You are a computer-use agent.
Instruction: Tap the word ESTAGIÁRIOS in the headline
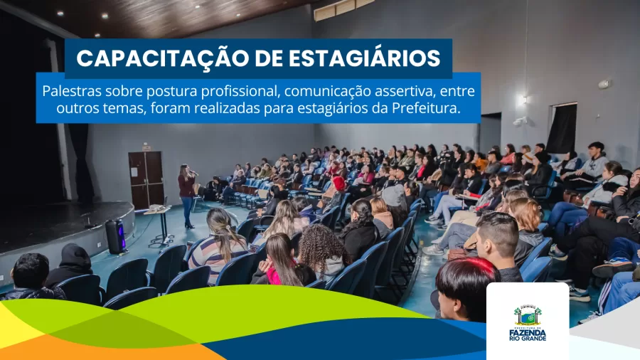pyautogui.click(x=364, y=58)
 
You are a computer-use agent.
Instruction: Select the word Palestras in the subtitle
pyautogui.click(x=72, y=91)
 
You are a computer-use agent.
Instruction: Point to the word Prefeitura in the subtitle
pyautogui.click(x=426, y=108)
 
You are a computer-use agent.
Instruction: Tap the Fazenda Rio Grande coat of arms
pyautogui.click(x=528, y=315)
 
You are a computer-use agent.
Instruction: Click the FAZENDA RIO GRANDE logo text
pyautogui.click(x=528, y=334)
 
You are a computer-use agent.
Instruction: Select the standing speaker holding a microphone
pyautogui.click(x=187, y=195)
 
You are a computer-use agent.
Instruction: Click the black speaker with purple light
pyautogui.click(x=115, y=237)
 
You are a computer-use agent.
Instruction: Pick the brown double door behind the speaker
pyautogui.click(x=146, y=179)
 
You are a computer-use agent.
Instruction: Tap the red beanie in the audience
pyautogui.click(x=338, y=183)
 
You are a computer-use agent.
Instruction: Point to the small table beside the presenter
pyautogui.click(x=159, y=225)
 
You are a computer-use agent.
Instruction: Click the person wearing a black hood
pyautogui.click(x=72, y=265)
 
